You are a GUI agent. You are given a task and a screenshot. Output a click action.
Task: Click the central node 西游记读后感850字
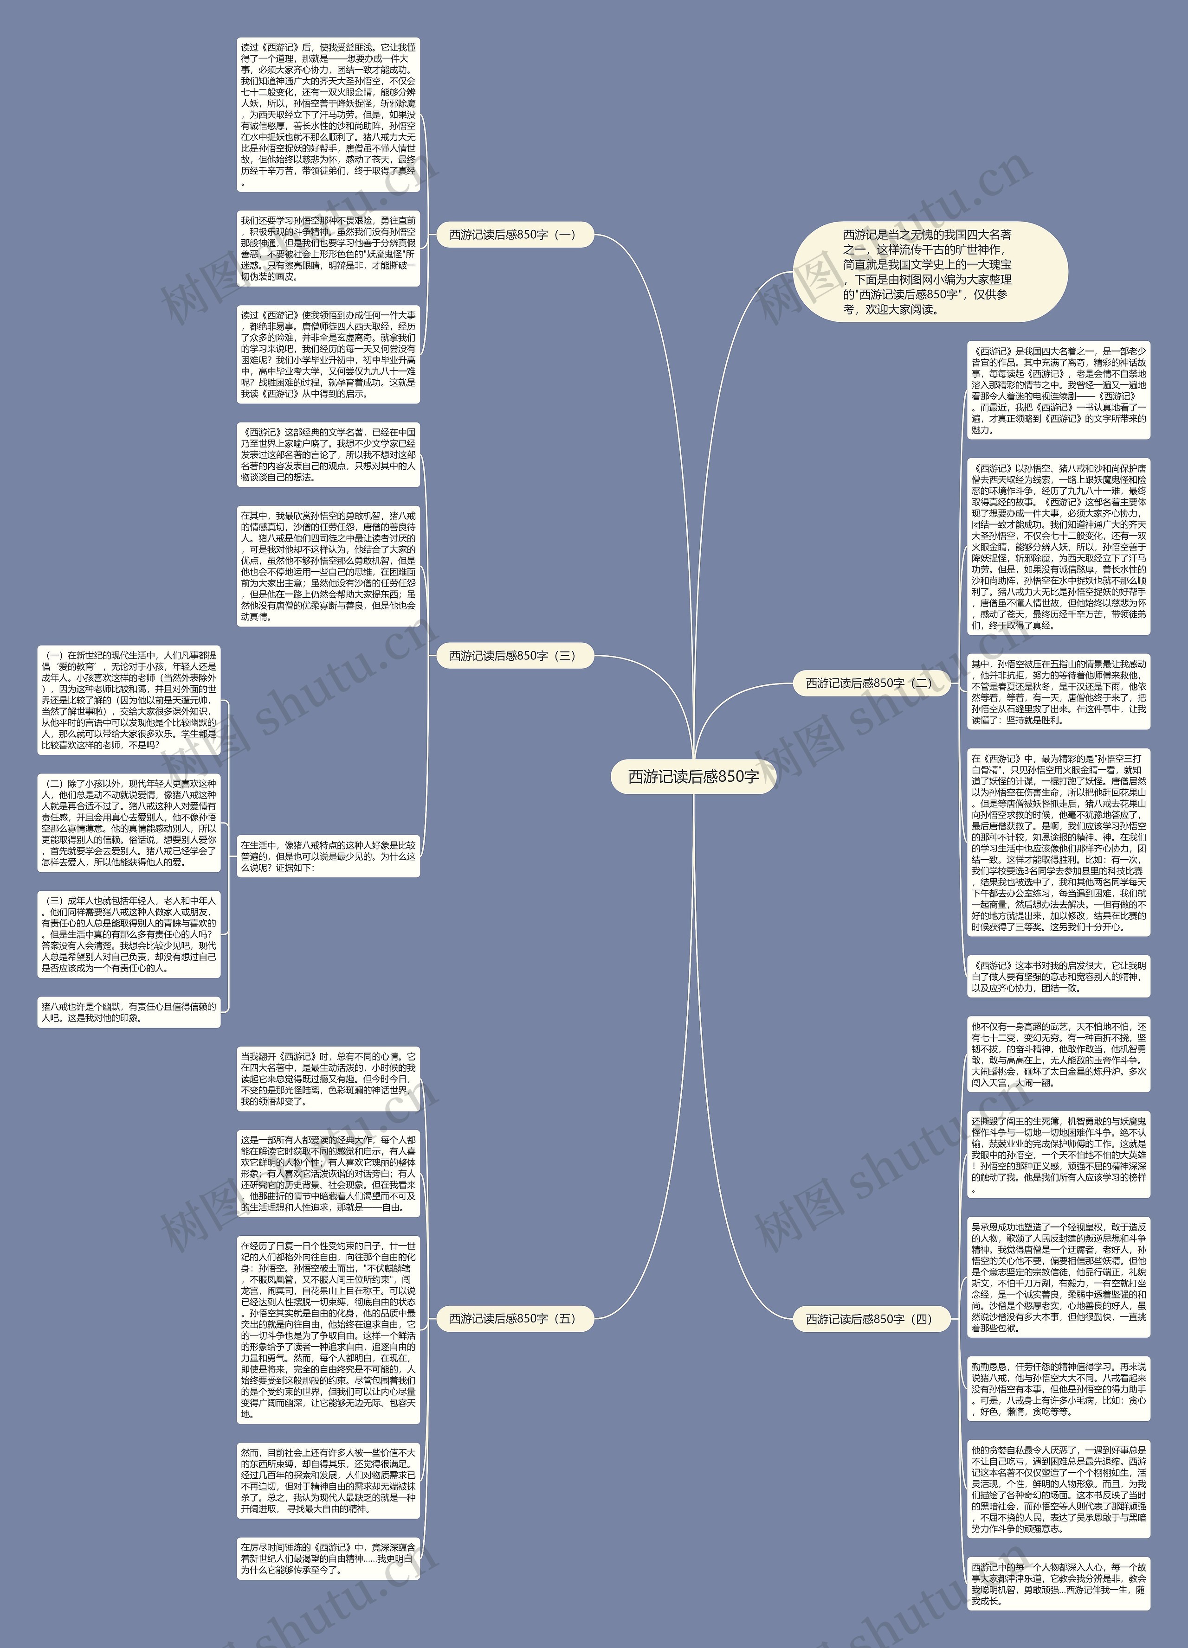(x=693, y=777)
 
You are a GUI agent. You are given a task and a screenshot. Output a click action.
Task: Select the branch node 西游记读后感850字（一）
(x=514, y=235)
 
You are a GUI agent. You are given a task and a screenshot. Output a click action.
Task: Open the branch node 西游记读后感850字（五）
(x=514, y=1318)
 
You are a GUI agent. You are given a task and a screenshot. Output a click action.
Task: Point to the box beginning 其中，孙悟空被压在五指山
(x=1059, y=692)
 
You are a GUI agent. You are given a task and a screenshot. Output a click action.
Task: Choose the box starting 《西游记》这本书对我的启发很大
(x=1059, y=977)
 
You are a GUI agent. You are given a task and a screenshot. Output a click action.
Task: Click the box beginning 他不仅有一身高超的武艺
(x=1059, y=1054)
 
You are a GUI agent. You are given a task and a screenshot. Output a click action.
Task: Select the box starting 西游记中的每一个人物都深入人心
(x=1059, y=1584)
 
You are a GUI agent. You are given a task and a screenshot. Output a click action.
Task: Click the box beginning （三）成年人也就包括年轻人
(x=129, y=934)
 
